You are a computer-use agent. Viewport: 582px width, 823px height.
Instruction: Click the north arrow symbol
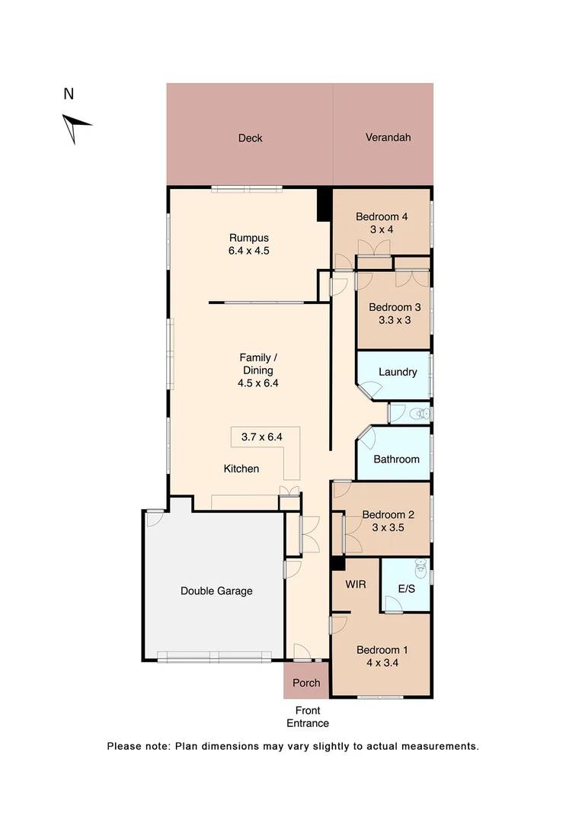(x=75, y=126)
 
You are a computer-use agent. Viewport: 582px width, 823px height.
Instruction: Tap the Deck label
(x=250, y=138)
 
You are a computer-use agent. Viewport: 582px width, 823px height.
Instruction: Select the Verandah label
(x=388, y=137)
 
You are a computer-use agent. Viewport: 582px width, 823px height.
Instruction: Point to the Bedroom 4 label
(x=382, y=216)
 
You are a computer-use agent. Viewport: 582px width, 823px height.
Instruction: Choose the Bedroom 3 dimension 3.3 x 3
(x=395, y=320)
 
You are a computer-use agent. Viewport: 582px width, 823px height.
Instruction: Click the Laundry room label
(x=398, y=372)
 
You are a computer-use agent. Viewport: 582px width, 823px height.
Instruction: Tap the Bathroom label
(x=396, y=460)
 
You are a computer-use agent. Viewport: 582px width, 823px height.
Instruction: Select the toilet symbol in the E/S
(x=418, y=568)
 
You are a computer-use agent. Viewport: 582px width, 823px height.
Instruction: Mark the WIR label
(x=356, y=584)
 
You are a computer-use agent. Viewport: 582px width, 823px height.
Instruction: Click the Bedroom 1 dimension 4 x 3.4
(x=382, y=663)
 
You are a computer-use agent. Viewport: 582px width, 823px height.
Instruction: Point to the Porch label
(x=305, y=683)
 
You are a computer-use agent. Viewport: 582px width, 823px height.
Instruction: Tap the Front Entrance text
(x=308, y=718)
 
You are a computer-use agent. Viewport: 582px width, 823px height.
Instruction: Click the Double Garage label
(x=216, y=591)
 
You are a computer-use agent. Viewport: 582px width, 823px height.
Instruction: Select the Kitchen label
(x=241, y=469)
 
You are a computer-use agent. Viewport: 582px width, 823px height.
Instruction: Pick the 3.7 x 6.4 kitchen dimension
(x=261, y=437)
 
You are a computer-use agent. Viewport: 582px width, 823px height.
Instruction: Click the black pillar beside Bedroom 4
(x=324, y=204)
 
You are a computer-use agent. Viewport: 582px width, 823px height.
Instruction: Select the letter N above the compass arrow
(x=69, y=94)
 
